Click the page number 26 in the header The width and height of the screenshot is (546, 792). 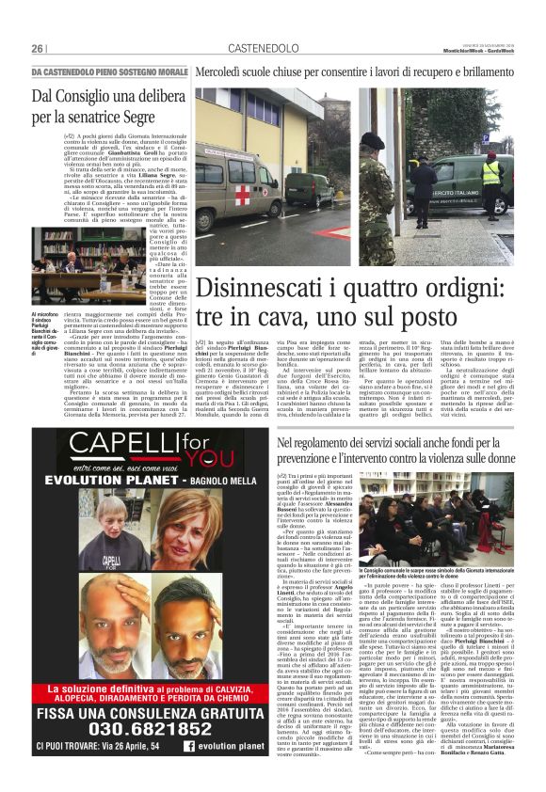(38, 48)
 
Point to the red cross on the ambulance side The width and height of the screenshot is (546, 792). (244, 195)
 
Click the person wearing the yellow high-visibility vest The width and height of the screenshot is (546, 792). (491, 174)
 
